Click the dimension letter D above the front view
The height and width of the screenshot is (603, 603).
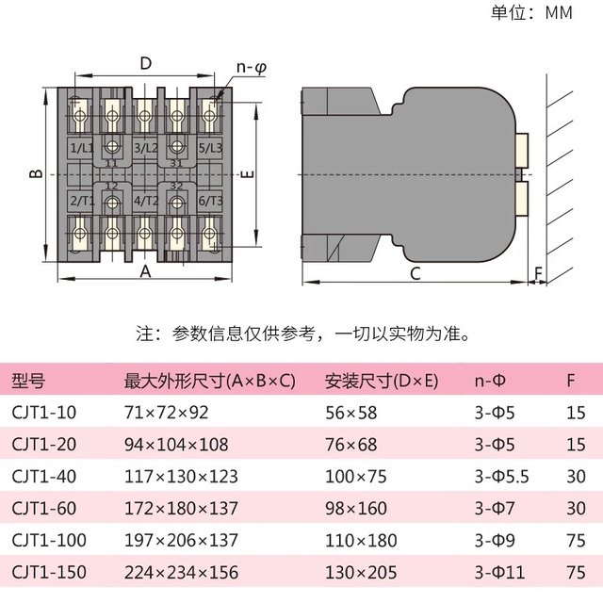pyautogui.click(x=145, y=63)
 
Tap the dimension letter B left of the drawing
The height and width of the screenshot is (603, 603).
pyautogui.click(x=34, y=175)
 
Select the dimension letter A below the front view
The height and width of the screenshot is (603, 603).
pyautogui.click(x=145, y=271)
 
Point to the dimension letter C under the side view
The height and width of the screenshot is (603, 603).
pyautogui.click(x=415, y=273)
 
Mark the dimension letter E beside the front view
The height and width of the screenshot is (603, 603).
pyautogui.click(x=244, y=175)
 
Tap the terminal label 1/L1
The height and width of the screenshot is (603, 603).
pyautogui.click(x=82, y=149)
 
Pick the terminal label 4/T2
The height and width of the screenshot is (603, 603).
pyautogui.click(x=145, y=201)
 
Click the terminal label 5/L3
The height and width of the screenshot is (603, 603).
pyautogui.click(x=210, y=149)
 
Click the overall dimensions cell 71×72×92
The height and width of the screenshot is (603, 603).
pyautogui.click(x=166, y=413)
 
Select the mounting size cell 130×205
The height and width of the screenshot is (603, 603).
pyautogui.click(x=361, y=572)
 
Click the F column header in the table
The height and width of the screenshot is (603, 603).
pyautogui.click(x=571, y=382)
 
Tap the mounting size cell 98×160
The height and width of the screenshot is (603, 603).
pyautogui.click(x=357, y=509)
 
